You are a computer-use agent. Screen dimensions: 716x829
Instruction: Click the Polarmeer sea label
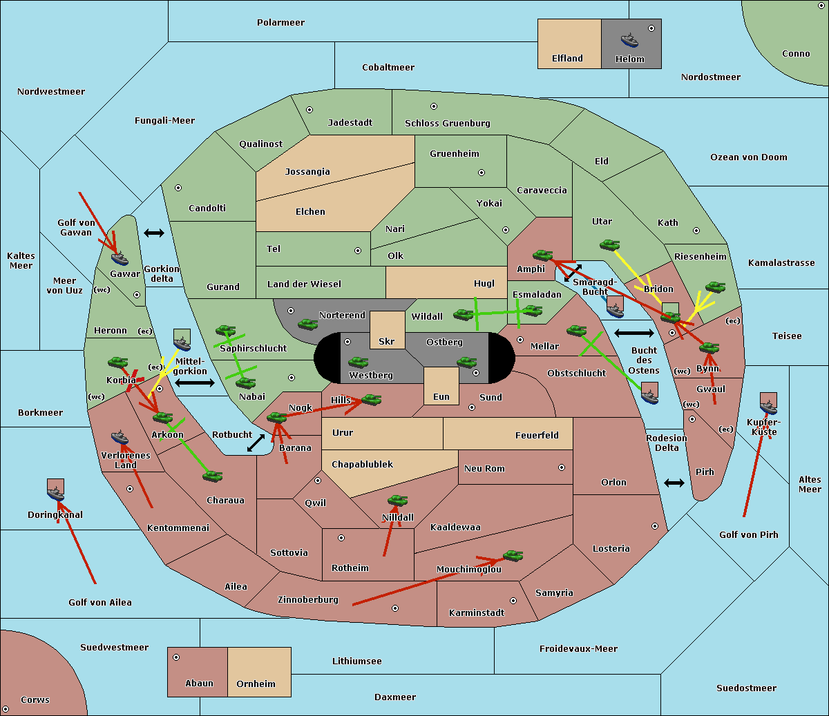tap(280, 23)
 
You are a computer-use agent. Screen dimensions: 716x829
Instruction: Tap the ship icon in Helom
tap(629, 40)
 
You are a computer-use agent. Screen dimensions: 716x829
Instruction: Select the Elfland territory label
tap(567, 59)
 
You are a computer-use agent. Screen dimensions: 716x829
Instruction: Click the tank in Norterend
tap(307, 324)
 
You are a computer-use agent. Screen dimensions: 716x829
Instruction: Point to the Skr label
tap(387, 342)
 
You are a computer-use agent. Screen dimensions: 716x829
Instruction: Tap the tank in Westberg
tap(358, 362)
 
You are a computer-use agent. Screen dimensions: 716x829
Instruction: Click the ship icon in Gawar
tap(120, 258)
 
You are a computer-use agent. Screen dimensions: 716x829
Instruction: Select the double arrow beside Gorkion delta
tap(154, 233)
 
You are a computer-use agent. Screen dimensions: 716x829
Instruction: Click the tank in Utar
tap(609, 244)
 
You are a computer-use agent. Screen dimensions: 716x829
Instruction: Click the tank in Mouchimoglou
tap(513, 555)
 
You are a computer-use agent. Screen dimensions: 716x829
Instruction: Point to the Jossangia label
tap(307, 172)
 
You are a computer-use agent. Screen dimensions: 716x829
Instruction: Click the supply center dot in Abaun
tap(176, 657)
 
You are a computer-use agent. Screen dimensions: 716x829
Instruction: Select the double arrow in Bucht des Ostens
tap(633, 333)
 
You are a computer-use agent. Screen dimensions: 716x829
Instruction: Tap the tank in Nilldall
tap(397, 500)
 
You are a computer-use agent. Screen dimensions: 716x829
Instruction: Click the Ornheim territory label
tap(256, 684)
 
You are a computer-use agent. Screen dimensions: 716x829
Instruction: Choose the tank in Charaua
tap(212, 476)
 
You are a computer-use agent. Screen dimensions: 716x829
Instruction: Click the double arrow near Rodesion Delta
tap(674, 483)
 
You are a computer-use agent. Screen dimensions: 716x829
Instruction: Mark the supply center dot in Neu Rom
tap(562, 467)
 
